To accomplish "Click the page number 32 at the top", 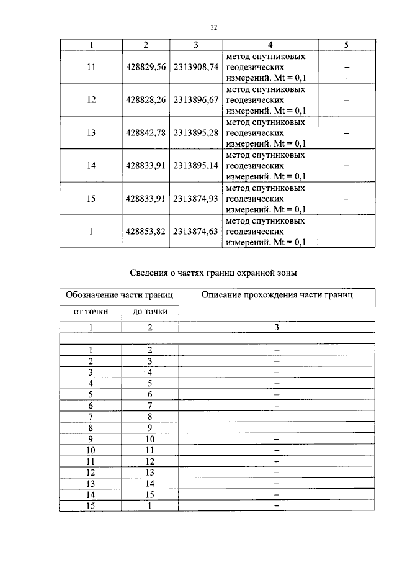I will click(x=213, y=27).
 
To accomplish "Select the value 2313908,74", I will click(x=196, y=66).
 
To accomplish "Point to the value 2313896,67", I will click(x=196, y=99).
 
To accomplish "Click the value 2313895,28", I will click(x=196, y=132).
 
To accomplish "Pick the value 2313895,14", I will click(x=196, y=166).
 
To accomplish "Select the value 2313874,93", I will click(x=196, y=199).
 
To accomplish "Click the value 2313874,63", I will click(x=196, y=232).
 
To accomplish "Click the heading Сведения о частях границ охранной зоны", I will click(x=214, y=273).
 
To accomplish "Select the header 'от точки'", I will click(x=91, y=312).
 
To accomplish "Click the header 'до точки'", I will click(x=149, y=312).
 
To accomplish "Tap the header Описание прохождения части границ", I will click(x=277, y=295).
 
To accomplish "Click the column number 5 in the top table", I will click(x=346, y=45).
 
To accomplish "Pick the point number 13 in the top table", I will click(x=91, y=132).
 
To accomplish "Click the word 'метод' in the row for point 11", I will click(x=238, y=56).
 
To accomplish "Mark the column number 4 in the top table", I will click(x=270, y=45).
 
